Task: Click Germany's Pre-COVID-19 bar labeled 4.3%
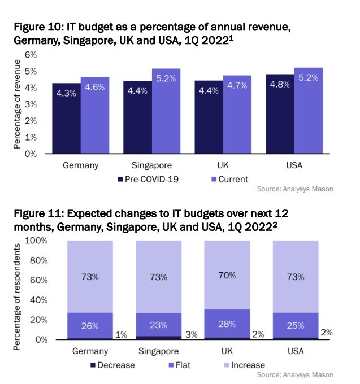click(66, 119)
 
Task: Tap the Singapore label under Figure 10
click(151, 165)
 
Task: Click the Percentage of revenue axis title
click(18, 104)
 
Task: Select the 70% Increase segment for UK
click(227, 277)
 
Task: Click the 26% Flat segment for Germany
click(90, 326)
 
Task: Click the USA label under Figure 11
click(296, 351)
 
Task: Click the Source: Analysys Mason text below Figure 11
click(294, 374)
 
